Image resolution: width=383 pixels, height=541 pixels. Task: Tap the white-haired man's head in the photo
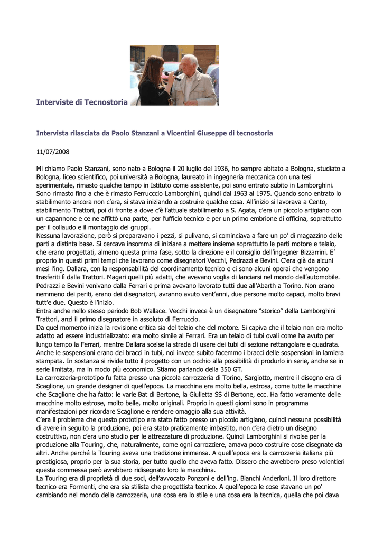[188, 63]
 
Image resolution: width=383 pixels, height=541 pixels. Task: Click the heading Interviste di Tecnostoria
[82, 102]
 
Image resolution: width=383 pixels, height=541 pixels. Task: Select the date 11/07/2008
[52, 151]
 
